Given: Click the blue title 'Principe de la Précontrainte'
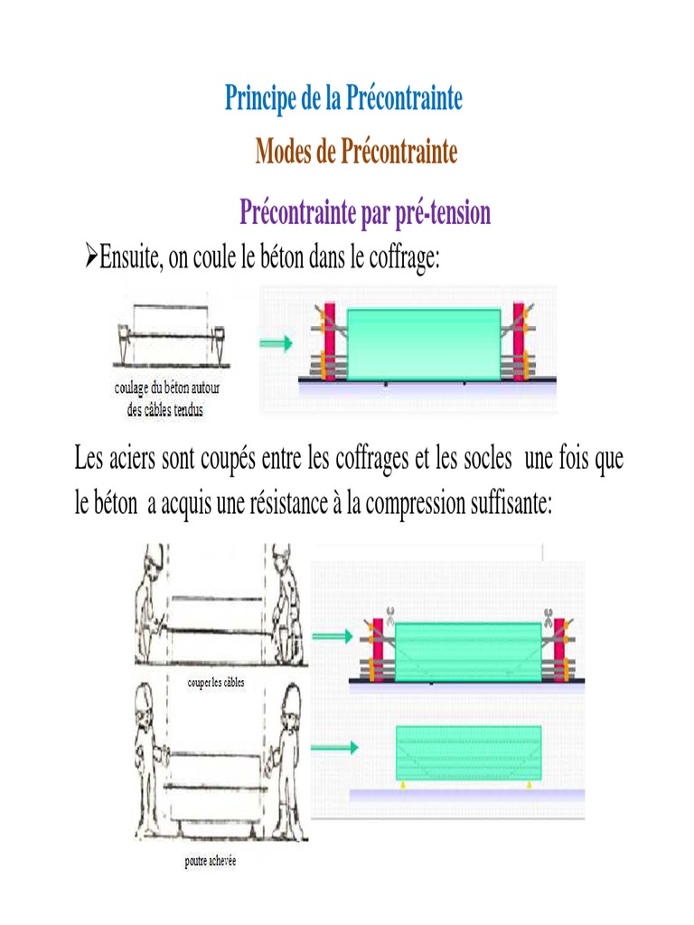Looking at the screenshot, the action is pyautogui.click(x=343, y=98).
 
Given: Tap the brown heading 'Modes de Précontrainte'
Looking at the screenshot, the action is pyautogui.click(x=356, y=151).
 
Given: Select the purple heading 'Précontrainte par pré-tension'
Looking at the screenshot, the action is pyautogui.click(x=365, y=212).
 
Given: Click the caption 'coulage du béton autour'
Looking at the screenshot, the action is pyautogui.click(x=167, y=388).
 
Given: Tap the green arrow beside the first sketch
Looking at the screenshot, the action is pyautogui.click(x=276, y=342).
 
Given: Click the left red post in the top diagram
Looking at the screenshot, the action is pyautogui.click(x=329, y=341).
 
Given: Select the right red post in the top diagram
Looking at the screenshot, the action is pyautogui.click(x=519, y=341).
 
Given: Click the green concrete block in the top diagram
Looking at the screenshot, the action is pyautogui.click(x=424, y=344).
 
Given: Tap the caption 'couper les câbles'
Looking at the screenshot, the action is pyautogui.click(x=216, y=683).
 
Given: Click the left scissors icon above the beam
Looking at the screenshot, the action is pyautogui.click(x=389, y=616).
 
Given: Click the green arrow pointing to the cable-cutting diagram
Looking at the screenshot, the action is pyautogui.click(x=333, y=636).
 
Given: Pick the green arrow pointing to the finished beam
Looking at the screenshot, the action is pyautogui.click(x=334, y=747).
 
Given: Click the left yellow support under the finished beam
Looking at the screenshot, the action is pyautogui.click(x=403, y=785).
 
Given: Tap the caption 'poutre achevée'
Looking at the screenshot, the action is pyautogui.click(x=210, y=861).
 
